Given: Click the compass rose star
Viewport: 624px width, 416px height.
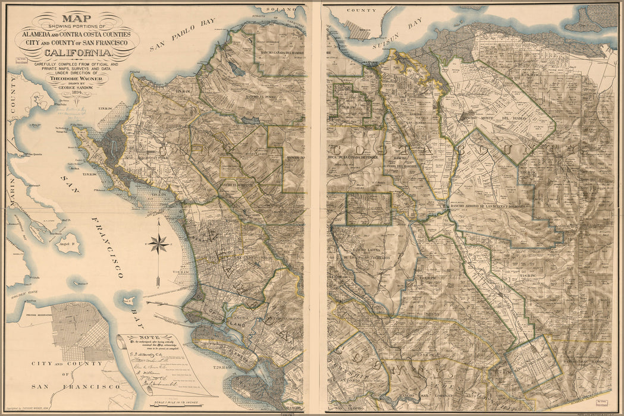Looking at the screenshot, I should click(x=159, y=243).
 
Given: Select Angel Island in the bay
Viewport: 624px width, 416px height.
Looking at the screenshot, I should click(x=67, y=242).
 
